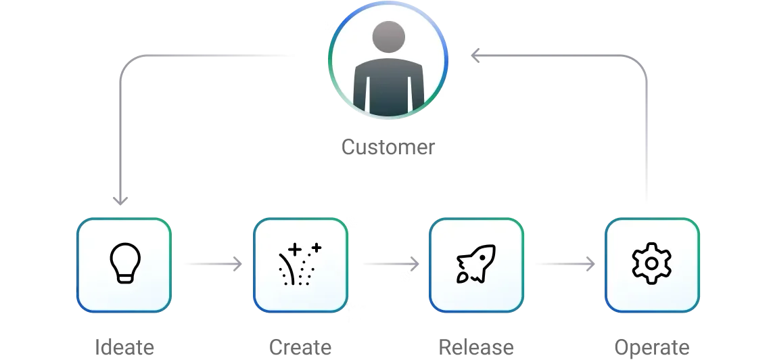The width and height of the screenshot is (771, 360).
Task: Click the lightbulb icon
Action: (125, 263)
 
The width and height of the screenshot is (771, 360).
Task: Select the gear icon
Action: (651, 264)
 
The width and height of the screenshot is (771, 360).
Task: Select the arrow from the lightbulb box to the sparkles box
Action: (210, 263)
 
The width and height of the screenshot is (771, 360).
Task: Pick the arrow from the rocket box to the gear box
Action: (562, 263)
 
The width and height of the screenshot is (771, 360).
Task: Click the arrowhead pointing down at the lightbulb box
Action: (121, 200)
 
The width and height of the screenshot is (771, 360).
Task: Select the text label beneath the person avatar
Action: (389, 146)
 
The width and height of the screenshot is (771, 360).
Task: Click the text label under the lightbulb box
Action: (124, 347)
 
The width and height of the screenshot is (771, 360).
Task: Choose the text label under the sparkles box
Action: (301, 347)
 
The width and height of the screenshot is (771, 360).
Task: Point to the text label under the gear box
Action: (651, 347)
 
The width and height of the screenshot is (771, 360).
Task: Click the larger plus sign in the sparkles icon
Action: (294, 249)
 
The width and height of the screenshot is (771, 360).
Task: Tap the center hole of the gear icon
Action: (651, 264)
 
